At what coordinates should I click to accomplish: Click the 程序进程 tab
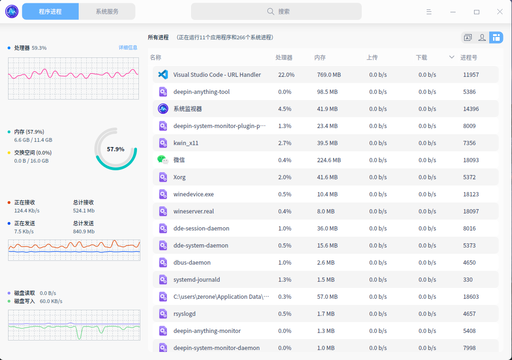pos(50,11)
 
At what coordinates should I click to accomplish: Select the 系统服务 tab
pos(107,11)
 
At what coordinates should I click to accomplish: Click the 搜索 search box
pos(276,11)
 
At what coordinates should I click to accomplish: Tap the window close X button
pos(500,12)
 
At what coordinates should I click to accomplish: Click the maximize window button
pos(476,12)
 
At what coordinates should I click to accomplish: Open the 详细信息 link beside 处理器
pos(128,47)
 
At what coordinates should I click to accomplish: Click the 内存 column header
pos(320,57)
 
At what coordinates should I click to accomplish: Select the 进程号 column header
pos(468,57)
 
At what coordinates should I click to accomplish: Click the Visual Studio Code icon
pos(163,74)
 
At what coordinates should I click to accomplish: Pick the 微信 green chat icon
pos(163,160)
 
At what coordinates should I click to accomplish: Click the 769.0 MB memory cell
pos(329,74)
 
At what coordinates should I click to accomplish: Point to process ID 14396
pos(471,109)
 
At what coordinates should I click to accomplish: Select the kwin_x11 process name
pos(186,143)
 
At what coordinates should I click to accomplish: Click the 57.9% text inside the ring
pos(116,149)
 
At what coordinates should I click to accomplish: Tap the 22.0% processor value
pos(286,74)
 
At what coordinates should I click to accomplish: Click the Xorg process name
pos(180,177)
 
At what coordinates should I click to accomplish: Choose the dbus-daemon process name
pos(192,262)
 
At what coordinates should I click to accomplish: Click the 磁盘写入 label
pos(25,301)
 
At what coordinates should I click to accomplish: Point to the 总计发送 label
pos(83,223)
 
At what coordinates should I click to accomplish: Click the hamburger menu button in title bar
pos(429,12)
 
